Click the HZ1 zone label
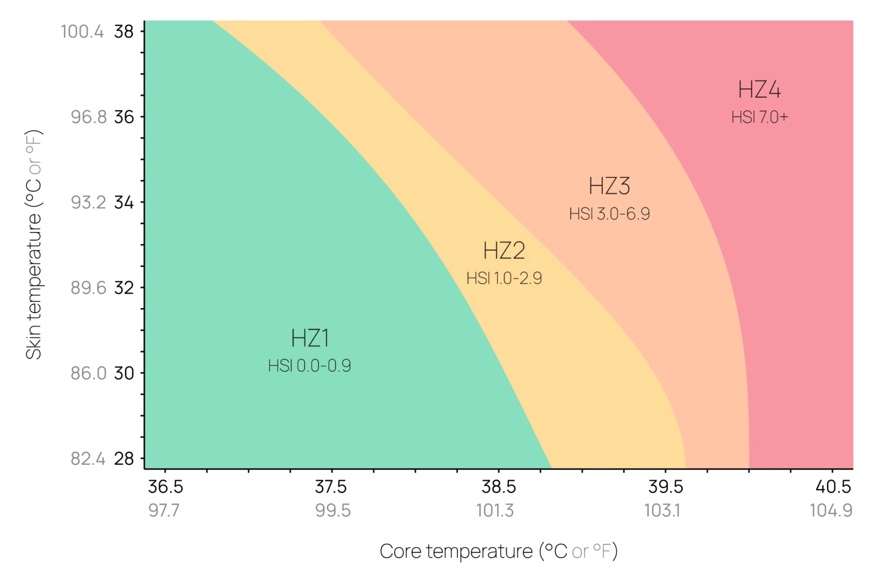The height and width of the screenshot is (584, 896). coord(310,338)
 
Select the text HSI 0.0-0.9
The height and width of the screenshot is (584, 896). coord(310,366)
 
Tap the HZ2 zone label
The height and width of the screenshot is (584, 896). coord(504,250)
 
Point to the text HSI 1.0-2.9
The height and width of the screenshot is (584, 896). coord(504,279)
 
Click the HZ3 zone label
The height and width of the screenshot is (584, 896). coord(609,186)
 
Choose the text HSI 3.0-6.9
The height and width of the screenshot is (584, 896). coord(609,214)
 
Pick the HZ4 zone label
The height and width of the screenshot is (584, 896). coord(759,90)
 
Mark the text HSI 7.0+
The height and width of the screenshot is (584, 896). coord(759,117)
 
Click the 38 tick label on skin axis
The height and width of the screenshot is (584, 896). coord(124,31)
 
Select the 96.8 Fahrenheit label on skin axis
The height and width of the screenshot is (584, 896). coord(88,117)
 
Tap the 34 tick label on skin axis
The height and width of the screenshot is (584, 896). coord(124,202)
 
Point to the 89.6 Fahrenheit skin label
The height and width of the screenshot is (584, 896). coord(88,288)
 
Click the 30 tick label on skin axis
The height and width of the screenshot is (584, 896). coord(124,373)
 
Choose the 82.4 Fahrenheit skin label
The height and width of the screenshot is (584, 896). coord(88,459)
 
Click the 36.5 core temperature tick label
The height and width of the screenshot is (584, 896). coord(165,486)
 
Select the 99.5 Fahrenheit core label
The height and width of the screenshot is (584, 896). coord(333,510)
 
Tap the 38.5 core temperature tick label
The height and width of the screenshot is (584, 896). coord(498,486)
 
